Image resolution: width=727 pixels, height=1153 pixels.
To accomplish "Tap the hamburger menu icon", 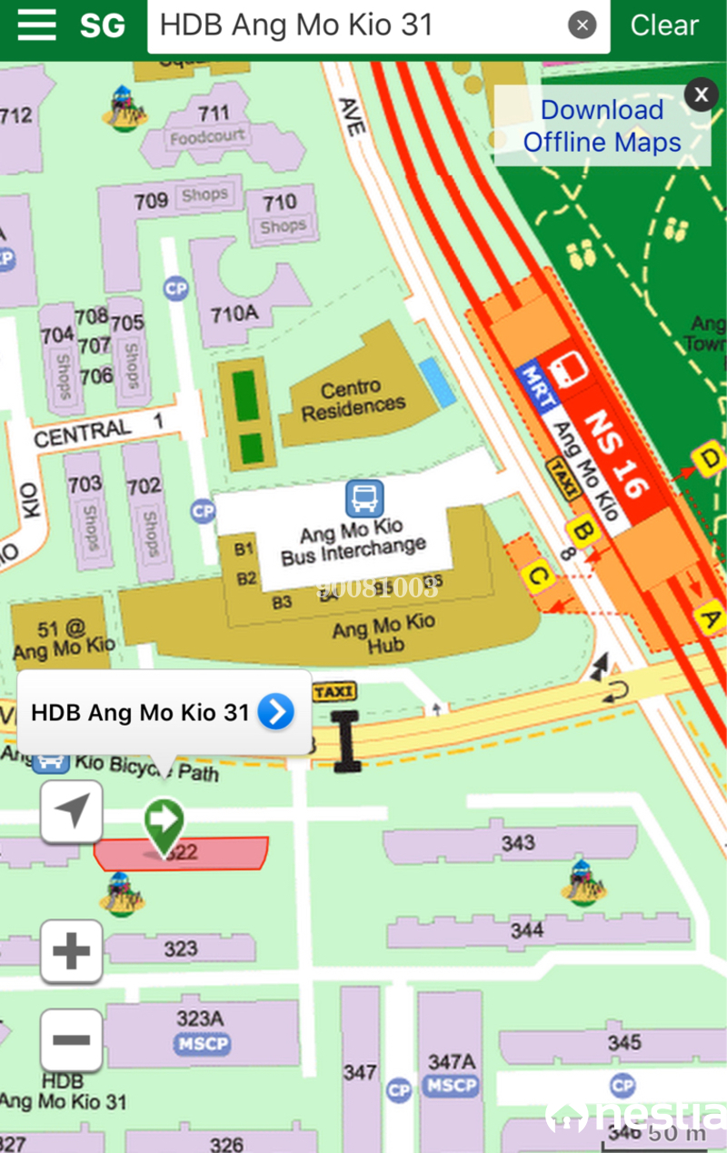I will [36, 25].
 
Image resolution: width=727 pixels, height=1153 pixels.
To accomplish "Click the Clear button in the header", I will [664, 25].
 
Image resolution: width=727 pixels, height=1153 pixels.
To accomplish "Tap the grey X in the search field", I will [583, 25].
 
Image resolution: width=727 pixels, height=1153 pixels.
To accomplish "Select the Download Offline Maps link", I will [602, 126].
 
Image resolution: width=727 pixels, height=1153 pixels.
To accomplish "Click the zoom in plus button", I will [72, 951].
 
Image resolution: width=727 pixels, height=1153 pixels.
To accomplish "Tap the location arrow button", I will [72, 811].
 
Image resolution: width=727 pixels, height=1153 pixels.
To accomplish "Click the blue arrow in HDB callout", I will [275, 712].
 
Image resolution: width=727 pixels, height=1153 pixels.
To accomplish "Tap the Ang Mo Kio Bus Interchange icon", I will [364, 499].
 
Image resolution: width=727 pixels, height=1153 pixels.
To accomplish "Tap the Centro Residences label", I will [354, 400].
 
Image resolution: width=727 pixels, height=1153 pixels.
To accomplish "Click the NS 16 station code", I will [618, 455].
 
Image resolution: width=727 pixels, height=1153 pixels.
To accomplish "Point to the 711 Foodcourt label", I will [209, 125].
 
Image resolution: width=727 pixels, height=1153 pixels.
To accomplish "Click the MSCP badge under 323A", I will [203, 1044].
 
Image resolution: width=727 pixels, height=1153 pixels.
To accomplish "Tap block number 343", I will [518, 844].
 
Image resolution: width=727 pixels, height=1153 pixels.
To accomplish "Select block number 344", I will [527, 930].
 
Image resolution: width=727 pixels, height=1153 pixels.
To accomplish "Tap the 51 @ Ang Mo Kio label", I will [64, 638].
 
